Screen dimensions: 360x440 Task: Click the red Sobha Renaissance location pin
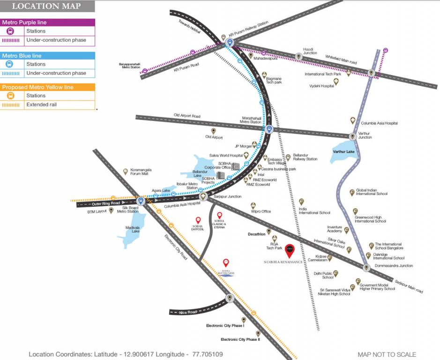(x=289, y=250)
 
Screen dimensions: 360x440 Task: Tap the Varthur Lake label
(x=343, y=152)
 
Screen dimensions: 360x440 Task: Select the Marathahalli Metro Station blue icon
(x=268, y=129)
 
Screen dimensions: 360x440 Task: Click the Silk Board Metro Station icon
(x=140, y=200)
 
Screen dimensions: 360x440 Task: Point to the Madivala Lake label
(x=133, y=229)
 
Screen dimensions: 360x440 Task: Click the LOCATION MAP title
(x=46, y=6)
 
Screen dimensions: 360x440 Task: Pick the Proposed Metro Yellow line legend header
(x=37, y=87)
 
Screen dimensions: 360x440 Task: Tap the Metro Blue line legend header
(x=22, y=55)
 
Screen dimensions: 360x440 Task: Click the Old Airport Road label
(x=187, y=115)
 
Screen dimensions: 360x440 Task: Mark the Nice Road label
(x=188, y=312)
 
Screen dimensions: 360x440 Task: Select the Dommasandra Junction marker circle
(x=366, y=267)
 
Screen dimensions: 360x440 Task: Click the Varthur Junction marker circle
(x=352, y=136)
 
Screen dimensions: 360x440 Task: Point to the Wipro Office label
(x=261, y=211)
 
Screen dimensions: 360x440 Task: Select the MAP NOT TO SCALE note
(x=387, y=354)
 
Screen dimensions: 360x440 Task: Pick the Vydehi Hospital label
(x=321, y=86)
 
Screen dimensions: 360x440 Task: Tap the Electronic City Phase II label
(x=240, y=339)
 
